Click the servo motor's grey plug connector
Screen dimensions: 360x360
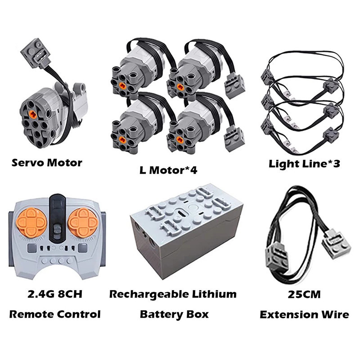[36, 54]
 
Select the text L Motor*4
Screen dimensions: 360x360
[168, 170]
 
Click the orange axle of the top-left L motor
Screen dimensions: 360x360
[123, 86]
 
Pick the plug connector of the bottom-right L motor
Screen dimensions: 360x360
[234, 139]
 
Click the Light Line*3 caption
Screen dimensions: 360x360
[304, 164]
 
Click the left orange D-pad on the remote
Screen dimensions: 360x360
[31, 222]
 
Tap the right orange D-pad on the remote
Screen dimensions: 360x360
[84, 222]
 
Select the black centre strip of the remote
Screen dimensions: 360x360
[58, 219]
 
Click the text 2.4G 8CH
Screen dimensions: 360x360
[55, 294]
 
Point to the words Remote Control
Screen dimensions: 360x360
[55, 314]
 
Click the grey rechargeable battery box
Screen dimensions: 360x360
[186, 231]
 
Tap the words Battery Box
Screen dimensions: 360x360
[174, 314]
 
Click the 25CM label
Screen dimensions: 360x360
[304, 294]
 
